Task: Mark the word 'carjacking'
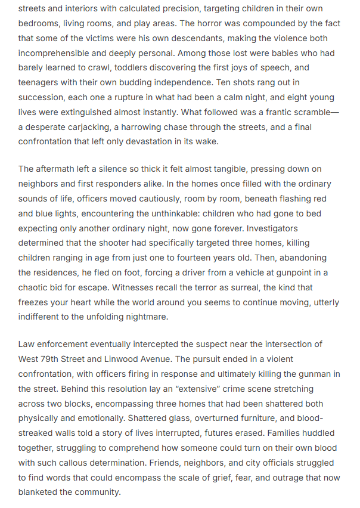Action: (x=95, y=127)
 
